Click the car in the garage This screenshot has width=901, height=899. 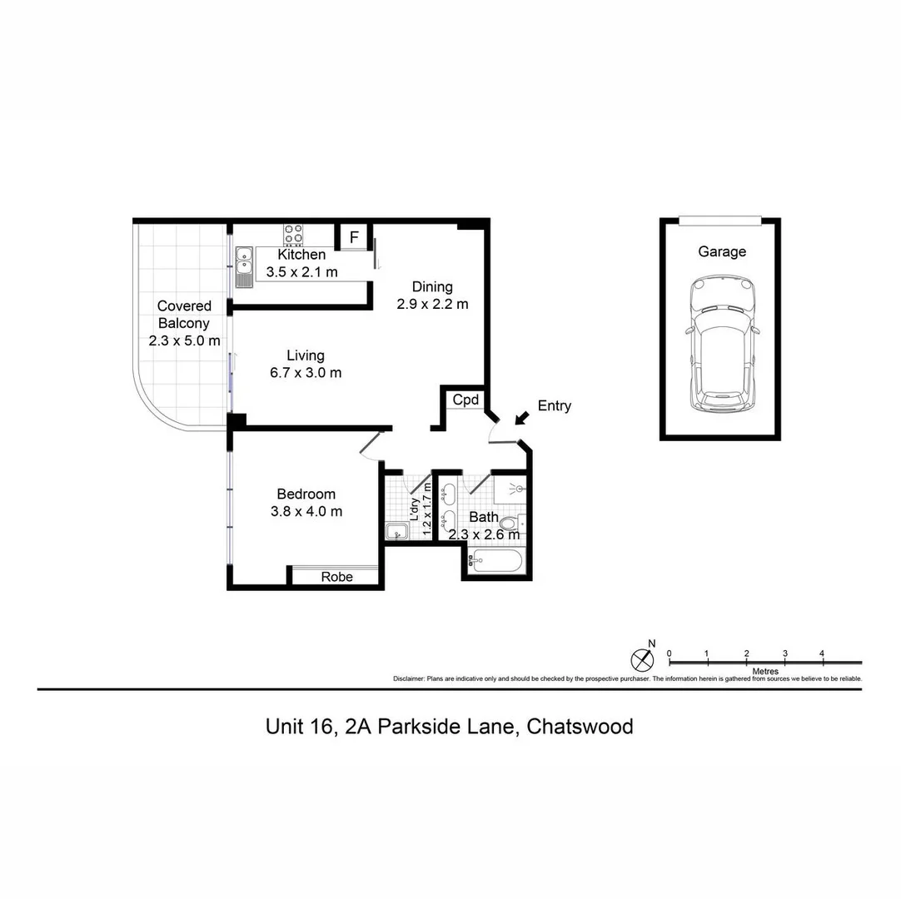coord(721,345)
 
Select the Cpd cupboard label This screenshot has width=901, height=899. coord(465,400)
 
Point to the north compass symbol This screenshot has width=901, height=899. coord(642,659)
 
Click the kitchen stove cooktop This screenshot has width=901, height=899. coord(293,232)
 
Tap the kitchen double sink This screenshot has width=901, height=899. coord(243,266)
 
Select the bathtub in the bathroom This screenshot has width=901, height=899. coord(495,562)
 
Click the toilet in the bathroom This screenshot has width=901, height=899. coord(511,524)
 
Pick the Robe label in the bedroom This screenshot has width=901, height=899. coord(336,577)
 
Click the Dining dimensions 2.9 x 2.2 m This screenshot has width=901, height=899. coord(432,304)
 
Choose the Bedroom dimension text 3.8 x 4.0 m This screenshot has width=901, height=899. coord(306,511)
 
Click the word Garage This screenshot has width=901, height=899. coord(721,251)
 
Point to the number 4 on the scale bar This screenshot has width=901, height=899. coord(822,653)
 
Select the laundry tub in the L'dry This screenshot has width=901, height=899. coord(396,531)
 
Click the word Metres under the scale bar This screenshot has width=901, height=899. coord(764,671)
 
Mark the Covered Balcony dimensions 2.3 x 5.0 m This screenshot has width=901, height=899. coord(184,340)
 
